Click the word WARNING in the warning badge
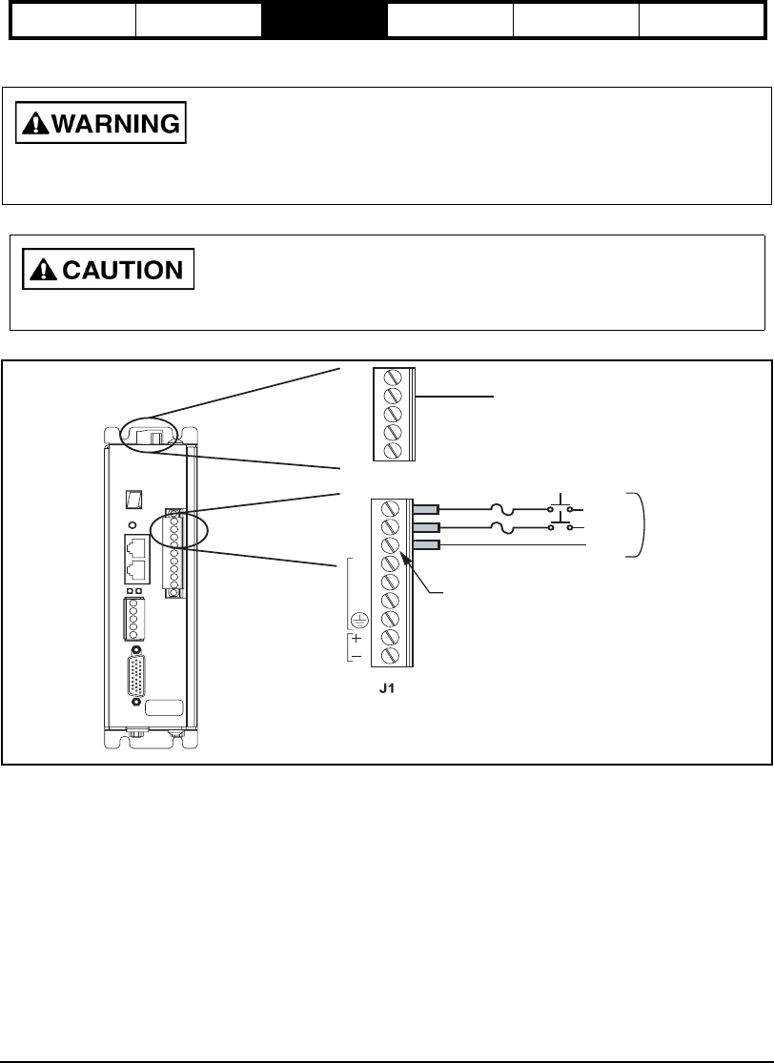click(x=115, y=124)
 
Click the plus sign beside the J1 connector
click(x=356, y=639)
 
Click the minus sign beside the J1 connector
click(x=356, y=657)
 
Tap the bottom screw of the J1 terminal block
click(x=390, y=658)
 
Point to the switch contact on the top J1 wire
click(x=561, y=505)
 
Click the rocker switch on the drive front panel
click(x=135, y=500)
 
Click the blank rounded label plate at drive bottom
click(x=166, y=707)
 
